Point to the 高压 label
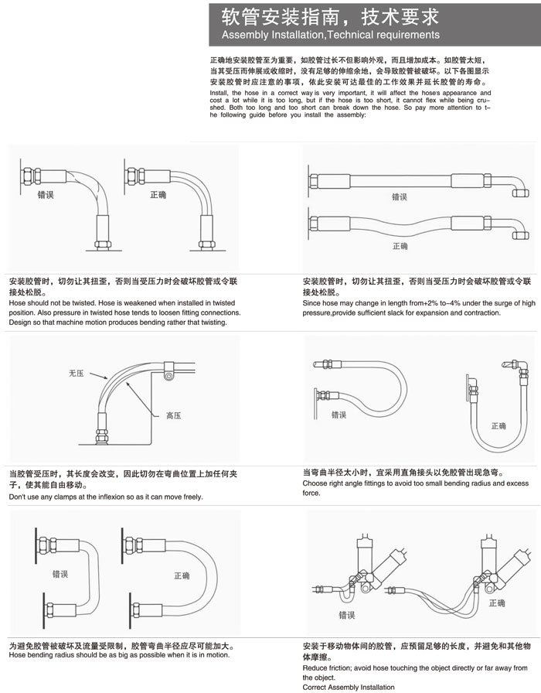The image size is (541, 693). click(x=173, y=415)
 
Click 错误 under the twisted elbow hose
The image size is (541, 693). click(x=46, y=196)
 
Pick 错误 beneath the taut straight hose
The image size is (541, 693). click(x=400, y=196)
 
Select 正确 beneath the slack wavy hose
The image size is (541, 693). click(x=400, y=246)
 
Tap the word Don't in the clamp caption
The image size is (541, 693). click(x=19, y=497)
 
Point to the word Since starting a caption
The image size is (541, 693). click(x=313, y=303)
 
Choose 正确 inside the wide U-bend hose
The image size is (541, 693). click(x=182, y=575)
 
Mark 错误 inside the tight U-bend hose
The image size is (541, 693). click(x=60, y=574)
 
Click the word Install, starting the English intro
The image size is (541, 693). click(x=219, y=93)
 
